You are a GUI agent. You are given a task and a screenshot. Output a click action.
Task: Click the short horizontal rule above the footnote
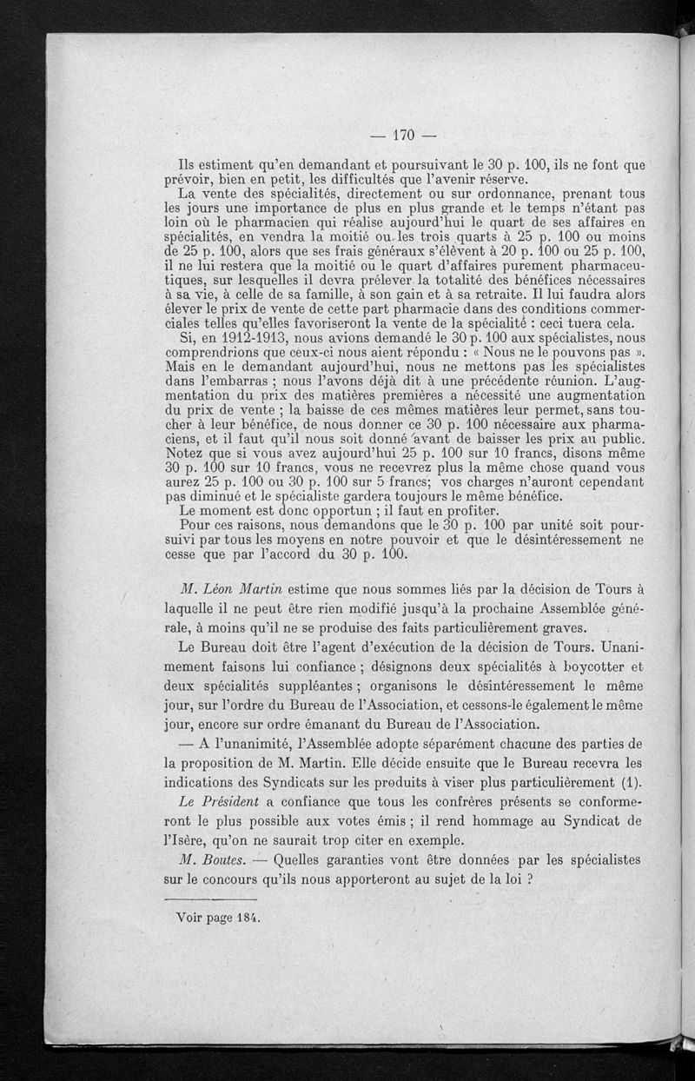[x=209, y=898]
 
